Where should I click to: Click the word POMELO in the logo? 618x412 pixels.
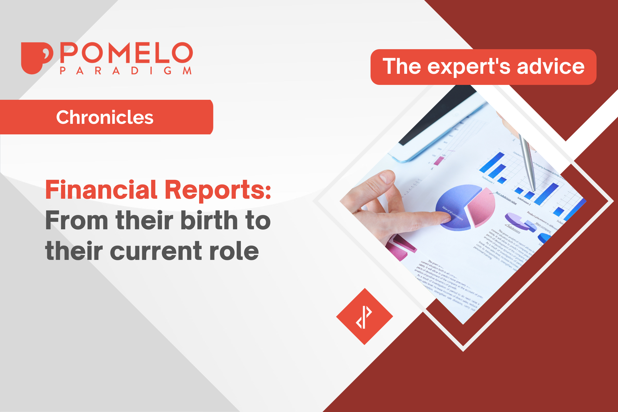(x=126, y=53)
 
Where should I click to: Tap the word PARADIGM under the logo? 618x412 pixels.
(x=126, y=71)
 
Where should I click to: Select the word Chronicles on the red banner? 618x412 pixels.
(x=105, y=117)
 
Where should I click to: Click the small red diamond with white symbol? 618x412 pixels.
(x=364, y=317)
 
